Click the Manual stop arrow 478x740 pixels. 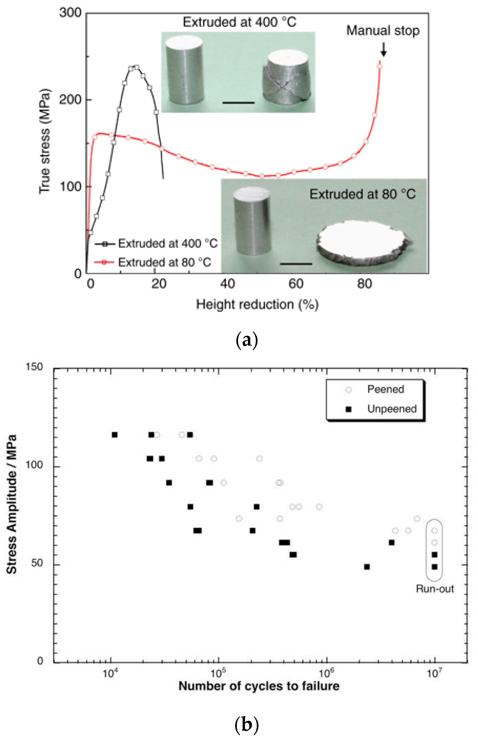pyautogui.click(x=383, y=49)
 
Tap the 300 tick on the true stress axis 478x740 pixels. pyautogui.click(x=70, y=13)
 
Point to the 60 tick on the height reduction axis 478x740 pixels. pyautogui.click(x=295, y=284)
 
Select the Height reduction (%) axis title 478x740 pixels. pyautogui.click(x=257, y=304)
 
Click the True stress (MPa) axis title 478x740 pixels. pyautogui.click(x=44, y=141)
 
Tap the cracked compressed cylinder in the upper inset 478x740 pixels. pyautogui.click(x=286, y=78)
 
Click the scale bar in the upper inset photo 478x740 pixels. pyautogui.click(x=238, y=102)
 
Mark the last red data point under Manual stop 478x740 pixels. pyautogui.click(x=379, y=66)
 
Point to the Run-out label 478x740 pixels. pyautogui.click(x=435, y=589)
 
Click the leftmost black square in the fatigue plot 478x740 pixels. pyautogui.click(x=115, y=435)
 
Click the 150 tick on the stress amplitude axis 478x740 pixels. pyautogui.click(x=34, y=367)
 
